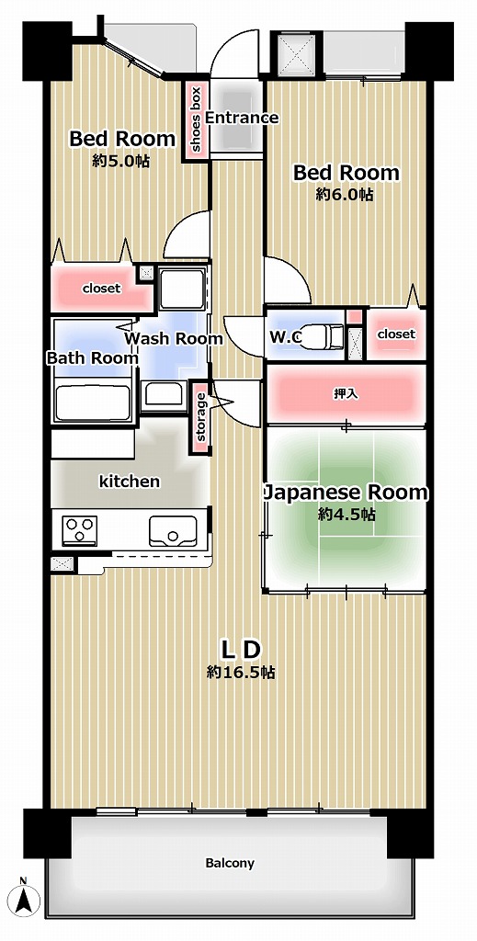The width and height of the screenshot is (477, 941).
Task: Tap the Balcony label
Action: tap(230, 863)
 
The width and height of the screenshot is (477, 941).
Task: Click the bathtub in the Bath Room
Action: tap(93, 402)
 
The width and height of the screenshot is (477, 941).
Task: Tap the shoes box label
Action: tap(196, 119)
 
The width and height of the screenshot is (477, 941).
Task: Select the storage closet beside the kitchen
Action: tap(199, 416)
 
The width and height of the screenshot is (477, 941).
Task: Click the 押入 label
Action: tap(346, 394)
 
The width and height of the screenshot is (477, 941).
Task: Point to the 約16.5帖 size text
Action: tap(241, 672)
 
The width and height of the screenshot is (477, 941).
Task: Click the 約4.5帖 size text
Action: tap(346, 515)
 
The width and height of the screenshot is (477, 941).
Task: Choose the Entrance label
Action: tap(242, 118)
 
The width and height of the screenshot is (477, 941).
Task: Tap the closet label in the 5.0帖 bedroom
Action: tap(101, 288)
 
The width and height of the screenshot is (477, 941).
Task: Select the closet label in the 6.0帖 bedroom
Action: tap(396, 334)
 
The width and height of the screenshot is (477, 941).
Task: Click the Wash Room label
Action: tap(174, 338)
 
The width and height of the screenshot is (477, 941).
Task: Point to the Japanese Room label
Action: tap(346, 493)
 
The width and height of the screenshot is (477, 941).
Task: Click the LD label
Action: tap(241, 650)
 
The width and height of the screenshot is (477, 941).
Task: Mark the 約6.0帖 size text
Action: tap(345, 195)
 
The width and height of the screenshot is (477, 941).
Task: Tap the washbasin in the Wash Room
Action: tap(164, 394)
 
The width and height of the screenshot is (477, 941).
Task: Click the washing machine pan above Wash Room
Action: tap(182, 288)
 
